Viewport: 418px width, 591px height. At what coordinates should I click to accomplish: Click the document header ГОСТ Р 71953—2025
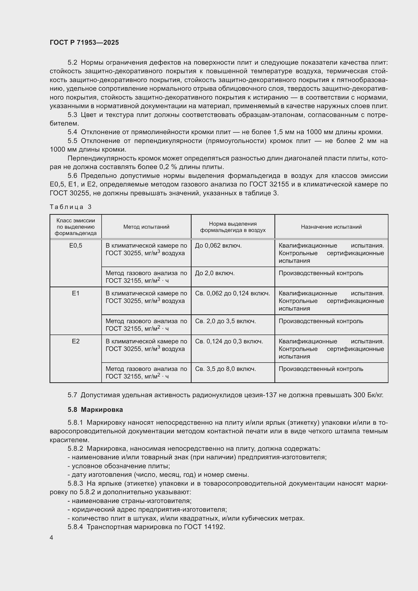click(x=84, y=42)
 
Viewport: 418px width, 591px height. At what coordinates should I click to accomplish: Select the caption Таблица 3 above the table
click(x=71, y=207)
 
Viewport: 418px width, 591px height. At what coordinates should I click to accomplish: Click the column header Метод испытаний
click(x=146, y=227)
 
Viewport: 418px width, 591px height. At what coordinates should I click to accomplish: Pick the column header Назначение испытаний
click(x=331, y=227)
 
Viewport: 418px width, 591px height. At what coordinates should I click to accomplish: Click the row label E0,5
click(x=76, y=246)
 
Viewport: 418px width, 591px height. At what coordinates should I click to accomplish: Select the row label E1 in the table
click(x=76, y=293)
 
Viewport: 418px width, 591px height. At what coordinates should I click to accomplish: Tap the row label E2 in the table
click(x=76, y=341)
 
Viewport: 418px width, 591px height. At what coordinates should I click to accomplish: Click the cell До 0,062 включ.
click(x=218, y=246)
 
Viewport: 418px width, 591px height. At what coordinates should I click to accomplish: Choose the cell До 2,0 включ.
click(x=215, y=273)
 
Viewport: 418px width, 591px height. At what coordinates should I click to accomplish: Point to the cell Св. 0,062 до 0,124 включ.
click(x=233, y=293)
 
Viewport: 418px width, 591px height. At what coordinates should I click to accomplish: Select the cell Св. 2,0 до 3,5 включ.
click(x=225, y=321)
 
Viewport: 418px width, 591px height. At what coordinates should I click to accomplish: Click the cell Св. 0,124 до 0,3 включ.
click(x=229, y=341)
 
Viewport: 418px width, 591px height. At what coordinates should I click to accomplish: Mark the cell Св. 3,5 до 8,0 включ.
click(x=225, y=369)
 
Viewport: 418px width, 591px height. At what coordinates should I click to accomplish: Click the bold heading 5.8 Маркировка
click(x=95, y=410)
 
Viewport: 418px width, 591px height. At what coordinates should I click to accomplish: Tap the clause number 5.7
click(x=72, y=395)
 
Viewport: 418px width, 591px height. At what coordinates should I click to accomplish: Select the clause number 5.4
click(x=72, y=132)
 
